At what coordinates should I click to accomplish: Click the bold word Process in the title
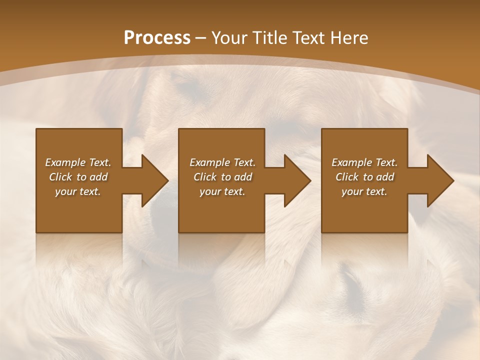157,38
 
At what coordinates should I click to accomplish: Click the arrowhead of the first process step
154,180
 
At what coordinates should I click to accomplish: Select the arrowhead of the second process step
297,180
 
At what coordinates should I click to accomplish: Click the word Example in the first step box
65,162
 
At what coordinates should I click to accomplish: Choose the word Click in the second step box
205,177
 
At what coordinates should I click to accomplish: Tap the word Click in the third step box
347,177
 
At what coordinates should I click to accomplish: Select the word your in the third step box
351,191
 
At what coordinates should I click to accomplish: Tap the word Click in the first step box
60,177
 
